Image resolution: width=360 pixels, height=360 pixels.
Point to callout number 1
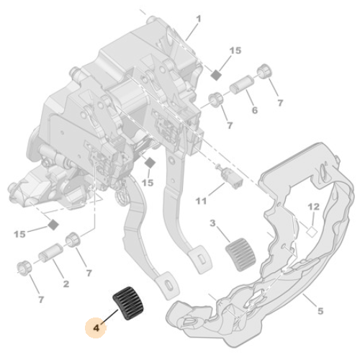coord(198,17)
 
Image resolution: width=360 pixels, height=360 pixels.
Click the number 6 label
coord(254,110)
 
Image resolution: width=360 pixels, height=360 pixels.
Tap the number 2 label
coord(66,283)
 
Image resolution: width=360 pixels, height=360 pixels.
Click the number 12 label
coord(312,207)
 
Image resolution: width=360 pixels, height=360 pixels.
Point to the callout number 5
coord(320,311)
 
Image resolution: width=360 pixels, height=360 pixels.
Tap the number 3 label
coord(212,223)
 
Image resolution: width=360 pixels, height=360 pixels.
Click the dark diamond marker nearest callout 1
coord(215,75)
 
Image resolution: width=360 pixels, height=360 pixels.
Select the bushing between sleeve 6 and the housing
coord(215,99)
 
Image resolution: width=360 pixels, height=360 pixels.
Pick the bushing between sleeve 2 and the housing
coord(73,240)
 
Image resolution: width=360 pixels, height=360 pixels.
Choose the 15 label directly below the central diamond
coord(148,183)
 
